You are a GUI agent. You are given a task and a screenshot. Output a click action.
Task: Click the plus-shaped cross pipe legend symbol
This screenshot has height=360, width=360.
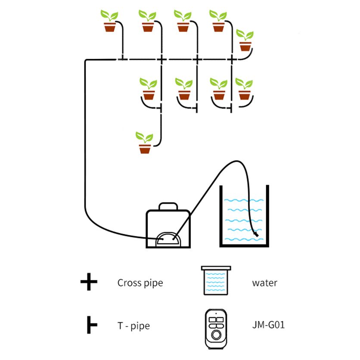click(x=89, y=283)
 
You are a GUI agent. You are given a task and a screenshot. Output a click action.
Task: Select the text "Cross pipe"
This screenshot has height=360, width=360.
click(x=140, y=283)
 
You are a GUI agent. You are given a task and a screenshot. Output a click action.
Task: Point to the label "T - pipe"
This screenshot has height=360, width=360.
click(x=133, y=326)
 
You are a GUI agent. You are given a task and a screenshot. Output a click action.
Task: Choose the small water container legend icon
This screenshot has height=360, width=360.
click(x=217, y=281)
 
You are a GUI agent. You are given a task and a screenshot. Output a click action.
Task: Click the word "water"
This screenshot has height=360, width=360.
click(x=264, y=283)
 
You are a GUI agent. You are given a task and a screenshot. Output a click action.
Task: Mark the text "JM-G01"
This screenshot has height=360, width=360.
click(x=268, y=324)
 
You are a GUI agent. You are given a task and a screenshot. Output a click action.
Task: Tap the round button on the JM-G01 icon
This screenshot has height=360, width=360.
click(x=216, y=334)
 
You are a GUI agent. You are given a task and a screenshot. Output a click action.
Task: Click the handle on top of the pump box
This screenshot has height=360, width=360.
click(x=168, y=206)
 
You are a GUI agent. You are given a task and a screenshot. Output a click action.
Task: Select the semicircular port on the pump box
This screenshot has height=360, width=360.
click(x=168, y=238)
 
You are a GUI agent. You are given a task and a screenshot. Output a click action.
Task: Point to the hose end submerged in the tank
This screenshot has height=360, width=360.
click(x=256, y=234)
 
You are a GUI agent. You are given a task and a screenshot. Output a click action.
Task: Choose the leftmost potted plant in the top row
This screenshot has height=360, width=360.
click(x=109, y=22)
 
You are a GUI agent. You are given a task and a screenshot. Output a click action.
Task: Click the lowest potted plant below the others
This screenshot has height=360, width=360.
click(x=145, y=143)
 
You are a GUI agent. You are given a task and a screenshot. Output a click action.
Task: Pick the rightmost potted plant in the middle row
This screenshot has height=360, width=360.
click(x=244, y=90)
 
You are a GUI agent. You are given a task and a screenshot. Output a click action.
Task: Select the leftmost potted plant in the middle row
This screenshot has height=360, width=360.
click(x=149, y=89)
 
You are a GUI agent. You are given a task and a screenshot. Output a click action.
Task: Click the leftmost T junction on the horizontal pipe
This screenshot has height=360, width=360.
click(x=123, y=59)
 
